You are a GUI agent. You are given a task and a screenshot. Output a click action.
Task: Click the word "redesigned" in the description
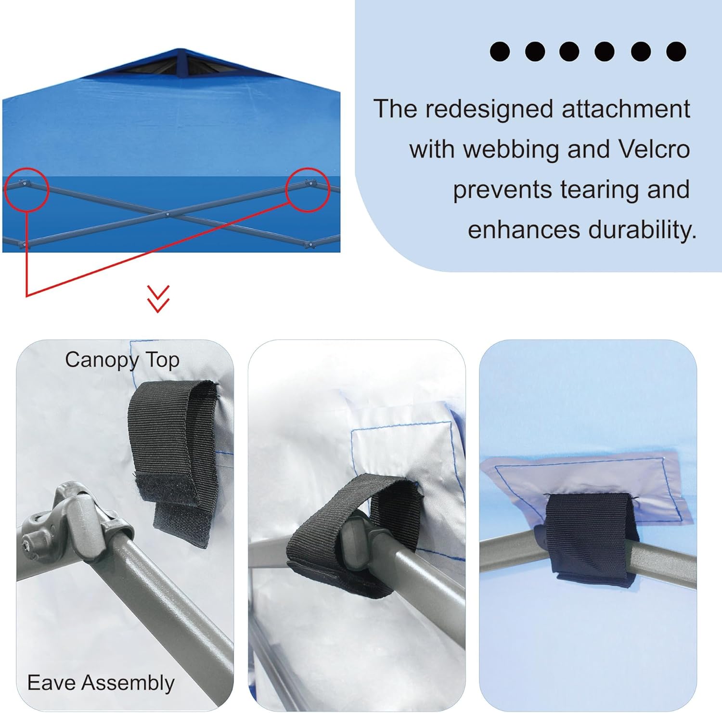489,109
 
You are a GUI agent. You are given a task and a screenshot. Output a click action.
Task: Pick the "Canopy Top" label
122,360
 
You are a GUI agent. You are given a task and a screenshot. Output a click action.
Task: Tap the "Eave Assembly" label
101,683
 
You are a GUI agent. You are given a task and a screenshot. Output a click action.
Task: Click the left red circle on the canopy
27,189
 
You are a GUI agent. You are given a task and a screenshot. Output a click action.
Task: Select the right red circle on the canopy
308,189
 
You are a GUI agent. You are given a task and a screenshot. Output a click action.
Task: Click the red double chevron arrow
158,299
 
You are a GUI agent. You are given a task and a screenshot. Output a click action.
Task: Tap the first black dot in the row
500,52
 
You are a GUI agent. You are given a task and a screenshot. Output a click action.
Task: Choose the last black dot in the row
676,52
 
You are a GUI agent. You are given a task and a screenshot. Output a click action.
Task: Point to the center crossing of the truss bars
167,214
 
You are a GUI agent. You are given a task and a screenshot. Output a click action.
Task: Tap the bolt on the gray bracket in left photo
26,544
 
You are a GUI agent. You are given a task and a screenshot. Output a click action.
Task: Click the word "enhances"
524,230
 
